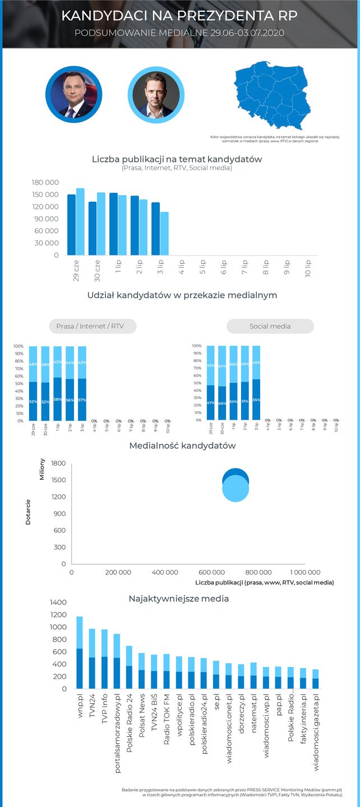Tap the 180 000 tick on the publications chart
(45, 183)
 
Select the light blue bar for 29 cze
(80, 221)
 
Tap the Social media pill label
(270, 326)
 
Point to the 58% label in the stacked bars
(58, 399)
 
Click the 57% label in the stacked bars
(82, 399)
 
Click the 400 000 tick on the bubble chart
(165, 572)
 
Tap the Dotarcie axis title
(28, 511)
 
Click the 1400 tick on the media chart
(58, 602)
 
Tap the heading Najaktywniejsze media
(179, 599)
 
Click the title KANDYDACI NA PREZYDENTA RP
(179, 16)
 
